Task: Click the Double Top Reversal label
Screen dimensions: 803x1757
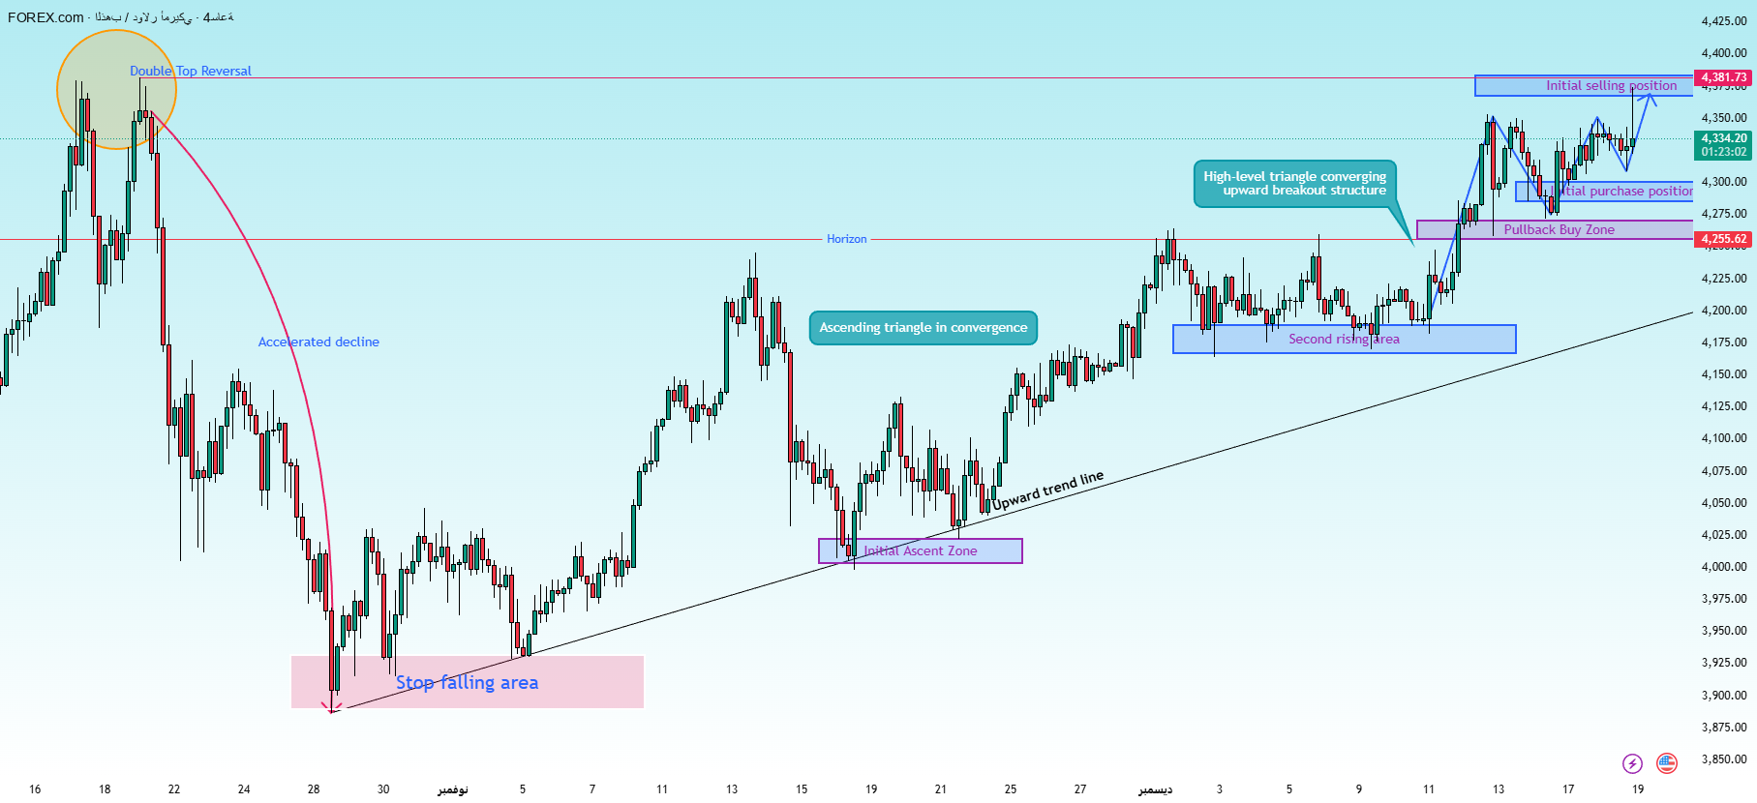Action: [x=191, y=71]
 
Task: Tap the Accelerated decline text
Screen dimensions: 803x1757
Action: [x=318, y=342]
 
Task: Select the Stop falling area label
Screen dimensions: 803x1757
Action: [x=467, y=682]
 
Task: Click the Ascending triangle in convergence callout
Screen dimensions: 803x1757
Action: [x=923, y=327]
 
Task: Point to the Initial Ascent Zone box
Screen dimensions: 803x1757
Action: [x=920, y=550]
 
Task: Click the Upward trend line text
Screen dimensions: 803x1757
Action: [x=1047, y=491]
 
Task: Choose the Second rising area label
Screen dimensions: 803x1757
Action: [x=1344, y=339]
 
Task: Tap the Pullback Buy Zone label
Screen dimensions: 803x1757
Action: [x=1559, y=229]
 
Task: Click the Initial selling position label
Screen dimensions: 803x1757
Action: [x=1611, y=85]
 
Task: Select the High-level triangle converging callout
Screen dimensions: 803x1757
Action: [x=1294, y=183]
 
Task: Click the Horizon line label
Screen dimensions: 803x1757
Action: [x=846, y=239]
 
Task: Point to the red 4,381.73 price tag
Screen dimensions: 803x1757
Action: [x=1724, y=77]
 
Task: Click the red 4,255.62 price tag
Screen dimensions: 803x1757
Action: [x=1724, y=239]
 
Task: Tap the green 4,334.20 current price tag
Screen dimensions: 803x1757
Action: [x=1724, y=138]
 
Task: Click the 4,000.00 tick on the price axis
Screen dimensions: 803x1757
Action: [x=1724, y=566]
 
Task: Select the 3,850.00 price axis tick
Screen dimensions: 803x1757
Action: [x=1724, y=758]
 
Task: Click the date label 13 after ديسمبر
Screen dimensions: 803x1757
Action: [x=1498, y=788]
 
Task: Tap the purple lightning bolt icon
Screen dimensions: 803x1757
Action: [x=1632, y=763]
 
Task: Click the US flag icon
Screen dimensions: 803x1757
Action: [x=1666, y=763]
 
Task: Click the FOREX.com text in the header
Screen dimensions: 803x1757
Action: [x=45, y=17]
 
